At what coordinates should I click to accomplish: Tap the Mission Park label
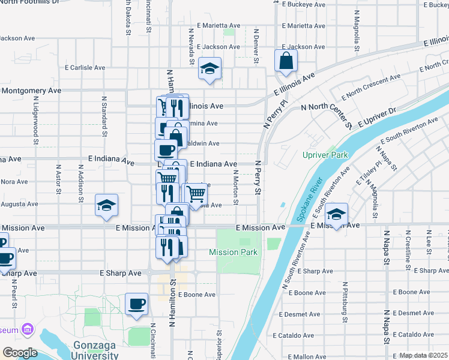point(233,253)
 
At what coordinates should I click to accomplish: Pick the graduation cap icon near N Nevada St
point(210,69)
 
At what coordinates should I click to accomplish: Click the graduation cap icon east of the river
point(337,214)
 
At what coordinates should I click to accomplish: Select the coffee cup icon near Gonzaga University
point(136,303)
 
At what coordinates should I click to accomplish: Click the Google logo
point(20,353)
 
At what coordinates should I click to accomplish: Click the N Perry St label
point(258,178)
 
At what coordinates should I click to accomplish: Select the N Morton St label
point(237,187)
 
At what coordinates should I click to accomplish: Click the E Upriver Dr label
point(376,118)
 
